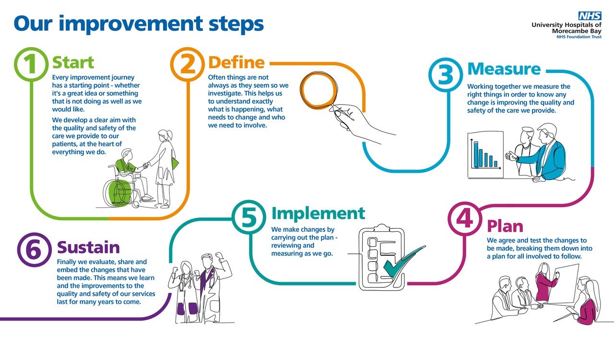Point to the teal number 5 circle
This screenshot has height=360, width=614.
[250, 218]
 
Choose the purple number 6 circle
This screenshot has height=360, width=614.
[35, 250]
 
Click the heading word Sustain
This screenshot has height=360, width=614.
[88, 248]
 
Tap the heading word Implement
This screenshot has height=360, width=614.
[318, 213]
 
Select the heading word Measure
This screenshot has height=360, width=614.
[504, 69]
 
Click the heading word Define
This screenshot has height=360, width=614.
[236, 62]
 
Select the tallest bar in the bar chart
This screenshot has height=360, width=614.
[476, 153]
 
